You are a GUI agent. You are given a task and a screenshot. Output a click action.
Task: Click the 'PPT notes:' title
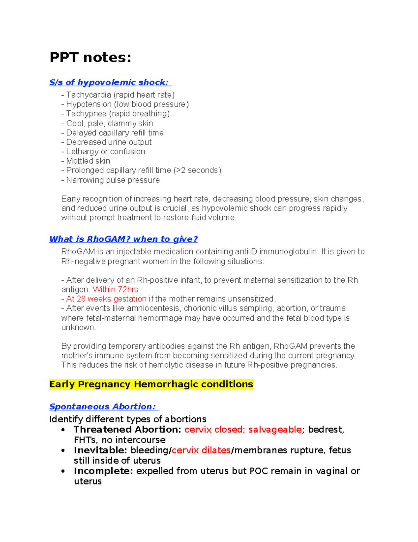tap(91, 58)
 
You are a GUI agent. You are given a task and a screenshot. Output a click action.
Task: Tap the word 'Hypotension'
tap(89, 104)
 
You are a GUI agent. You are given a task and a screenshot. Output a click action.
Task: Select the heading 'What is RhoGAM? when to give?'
tap(124, 239)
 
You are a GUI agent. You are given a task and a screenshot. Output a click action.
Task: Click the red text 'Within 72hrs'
tap(115, 290)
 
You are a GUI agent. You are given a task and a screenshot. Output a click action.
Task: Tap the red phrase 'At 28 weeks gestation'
tap(106, 299)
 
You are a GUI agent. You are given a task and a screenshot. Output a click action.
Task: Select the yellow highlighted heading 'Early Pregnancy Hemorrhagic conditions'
tap(151, 384)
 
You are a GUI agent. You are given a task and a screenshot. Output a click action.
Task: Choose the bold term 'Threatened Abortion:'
tap(127, 430)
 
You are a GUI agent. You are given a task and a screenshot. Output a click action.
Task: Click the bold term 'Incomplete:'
tap(103, 471)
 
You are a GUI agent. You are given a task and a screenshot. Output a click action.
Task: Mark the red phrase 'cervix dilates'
tap(201, 450)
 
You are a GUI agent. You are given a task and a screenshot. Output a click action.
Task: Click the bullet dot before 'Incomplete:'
tap(63, 471)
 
